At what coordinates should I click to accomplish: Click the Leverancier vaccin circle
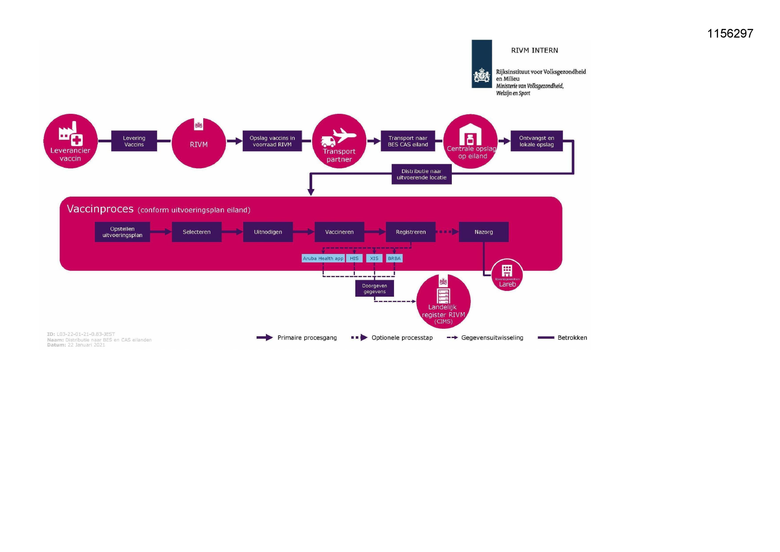tap(70, 141)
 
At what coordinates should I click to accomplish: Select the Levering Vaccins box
tap(134, 141)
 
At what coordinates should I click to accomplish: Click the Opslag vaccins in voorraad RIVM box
tap(272, 141)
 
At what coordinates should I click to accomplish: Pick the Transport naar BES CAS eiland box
tap(408, 141)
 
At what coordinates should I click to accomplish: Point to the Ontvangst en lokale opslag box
tap(536, 141)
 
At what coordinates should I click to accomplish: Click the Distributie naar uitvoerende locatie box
tap(421, 174)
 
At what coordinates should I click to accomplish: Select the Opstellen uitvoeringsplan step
tap(122, 232)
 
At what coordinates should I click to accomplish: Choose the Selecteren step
tap(197, 232)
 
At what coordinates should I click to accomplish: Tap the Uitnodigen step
tap(268, 232)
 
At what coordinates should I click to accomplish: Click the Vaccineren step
tap(339, 232)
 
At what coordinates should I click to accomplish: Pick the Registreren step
tap(410, 232)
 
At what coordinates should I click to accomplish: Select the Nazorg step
tap(483, 232)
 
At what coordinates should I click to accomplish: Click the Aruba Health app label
tap(323, 258)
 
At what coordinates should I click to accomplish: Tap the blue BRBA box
tap(394, 258)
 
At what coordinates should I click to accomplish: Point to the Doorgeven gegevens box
tap(374, 289)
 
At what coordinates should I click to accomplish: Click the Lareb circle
tap(507, 275)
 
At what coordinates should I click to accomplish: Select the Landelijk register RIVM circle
tap(443, 302)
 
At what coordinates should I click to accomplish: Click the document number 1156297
tap(730, 33)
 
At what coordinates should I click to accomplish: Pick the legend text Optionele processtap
tap(402, 338)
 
